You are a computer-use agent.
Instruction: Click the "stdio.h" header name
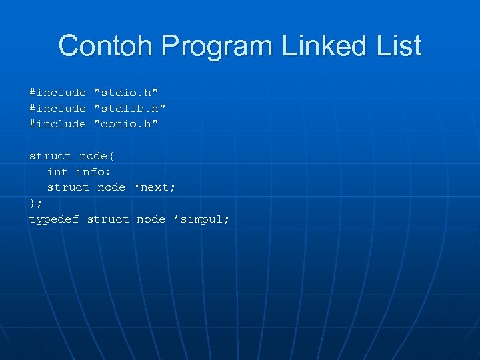pos(126,92)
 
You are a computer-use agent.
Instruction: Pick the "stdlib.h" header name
pos(129,108)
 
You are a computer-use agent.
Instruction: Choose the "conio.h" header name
pos(126,123)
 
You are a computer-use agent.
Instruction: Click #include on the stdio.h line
pos(57,92)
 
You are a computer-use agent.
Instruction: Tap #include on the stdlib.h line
pos(57,108)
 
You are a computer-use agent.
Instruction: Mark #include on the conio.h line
pos(57,123)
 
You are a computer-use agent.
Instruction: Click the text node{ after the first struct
pos(97,156)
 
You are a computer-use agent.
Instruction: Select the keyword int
pos(57,171)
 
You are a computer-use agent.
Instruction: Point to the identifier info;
pos(93,171)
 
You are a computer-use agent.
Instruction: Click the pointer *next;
pos(155,187)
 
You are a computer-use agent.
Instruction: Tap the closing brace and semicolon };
pos(35,203)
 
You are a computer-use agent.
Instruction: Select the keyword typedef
pos(53,219)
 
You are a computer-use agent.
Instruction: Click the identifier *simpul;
pos(201,219)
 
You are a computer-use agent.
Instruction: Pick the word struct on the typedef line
pos(108,219)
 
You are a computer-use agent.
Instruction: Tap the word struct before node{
pos(50,156)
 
